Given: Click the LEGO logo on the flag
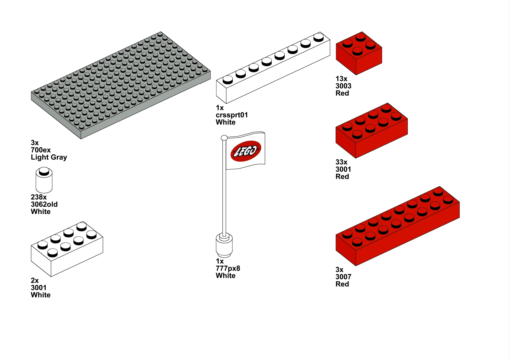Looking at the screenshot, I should (x=245, y=151).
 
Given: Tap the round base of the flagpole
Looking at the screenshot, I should (x=224, y=245).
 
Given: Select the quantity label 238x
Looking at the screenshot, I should (x=39, y=197).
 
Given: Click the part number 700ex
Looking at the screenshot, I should (x=41, y=150).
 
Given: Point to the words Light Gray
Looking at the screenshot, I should (x=49, y=157).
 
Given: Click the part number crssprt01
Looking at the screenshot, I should (x=232, y=115).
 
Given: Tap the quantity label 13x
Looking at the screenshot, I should (x=341, y=79).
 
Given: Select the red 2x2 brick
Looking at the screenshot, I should (x=359, y=53).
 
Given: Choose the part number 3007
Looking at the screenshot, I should (x=343, y=277).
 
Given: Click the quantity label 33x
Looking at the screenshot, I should (x=341, y=162).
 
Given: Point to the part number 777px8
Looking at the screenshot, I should (x=228, y=268).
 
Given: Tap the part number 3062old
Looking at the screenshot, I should (x=44, y=204).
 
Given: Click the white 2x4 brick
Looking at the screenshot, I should (x=67, y=249).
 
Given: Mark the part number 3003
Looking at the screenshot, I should (x=343, y=86).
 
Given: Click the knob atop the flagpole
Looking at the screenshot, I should (x=224, y=138).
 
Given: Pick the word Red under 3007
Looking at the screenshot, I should (x=342, y=284).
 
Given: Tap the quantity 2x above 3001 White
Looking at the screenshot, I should (x=35, y=281).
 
